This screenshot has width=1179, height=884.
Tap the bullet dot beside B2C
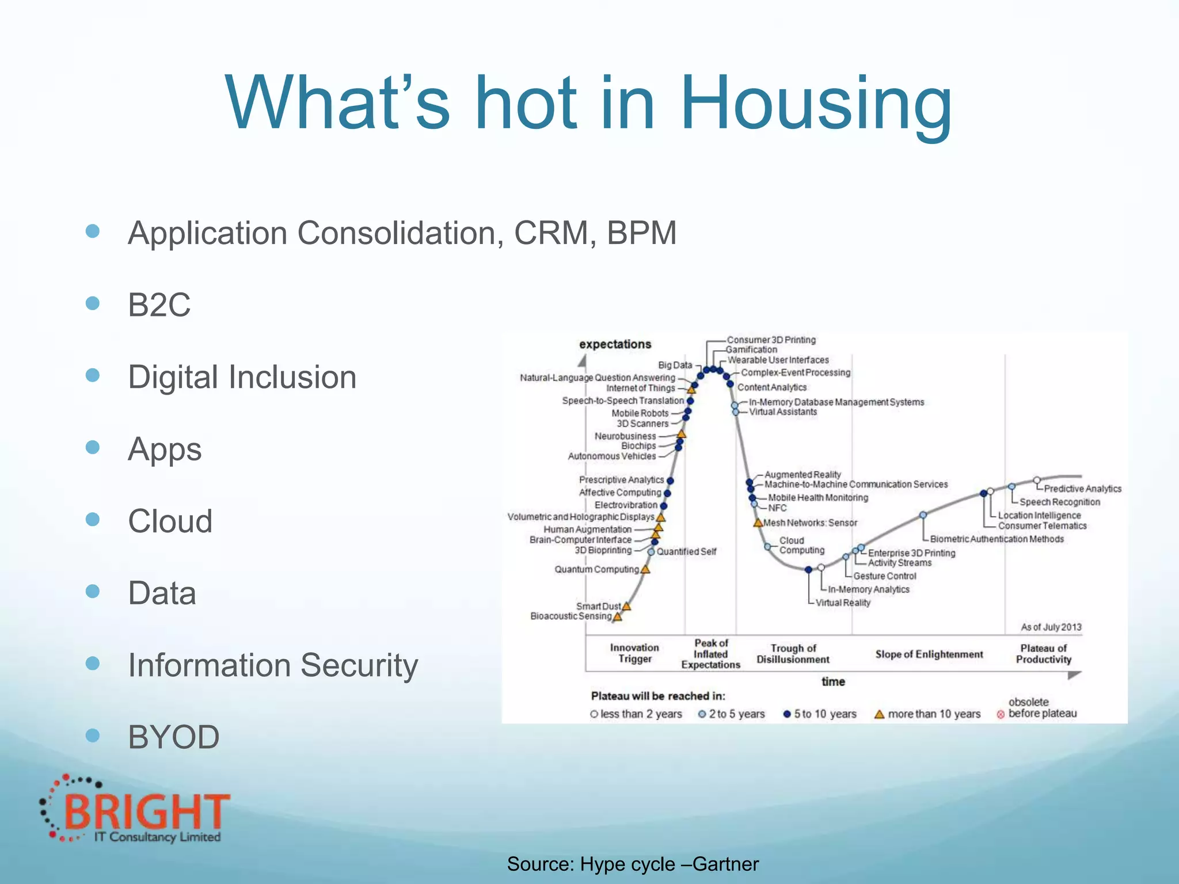[93, 303]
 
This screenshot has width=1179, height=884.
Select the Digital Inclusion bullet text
[242, 378]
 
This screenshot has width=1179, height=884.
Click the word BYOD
[173, 737]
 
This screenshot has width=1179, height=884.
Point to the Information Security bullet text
[273, 665]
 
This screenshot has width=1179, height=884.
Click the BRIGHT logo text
[147, 811]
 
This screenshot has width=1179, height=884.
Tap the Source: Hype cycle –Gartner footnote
[633, 864]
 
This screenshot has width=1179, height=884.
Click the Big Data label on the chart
[675, 365]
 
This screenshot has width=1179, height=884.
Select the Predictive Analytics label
[1082, 489]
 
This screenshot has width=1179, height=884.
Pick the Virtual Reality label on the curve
[843, 603]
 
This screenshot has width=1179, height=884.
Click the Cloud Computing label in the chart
[801, 546]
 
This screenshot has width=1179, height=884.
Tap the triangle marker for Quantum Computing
[645, 569]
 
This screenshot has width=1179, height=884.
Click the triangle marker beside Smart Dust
[627, 606]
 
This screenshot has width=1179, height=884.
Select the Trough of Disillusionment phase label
[793, 654]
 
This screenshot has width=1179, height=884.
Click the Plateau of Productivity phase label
[1043, 654]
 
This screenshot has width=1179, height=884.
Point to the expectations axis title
[615, 344]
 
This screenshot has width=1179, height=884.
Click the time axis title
[833, 681]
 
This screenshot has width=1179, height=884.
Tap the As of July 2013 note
[1051, 627]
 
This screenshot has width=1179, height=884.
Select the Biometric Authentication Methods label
[997, 539]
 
